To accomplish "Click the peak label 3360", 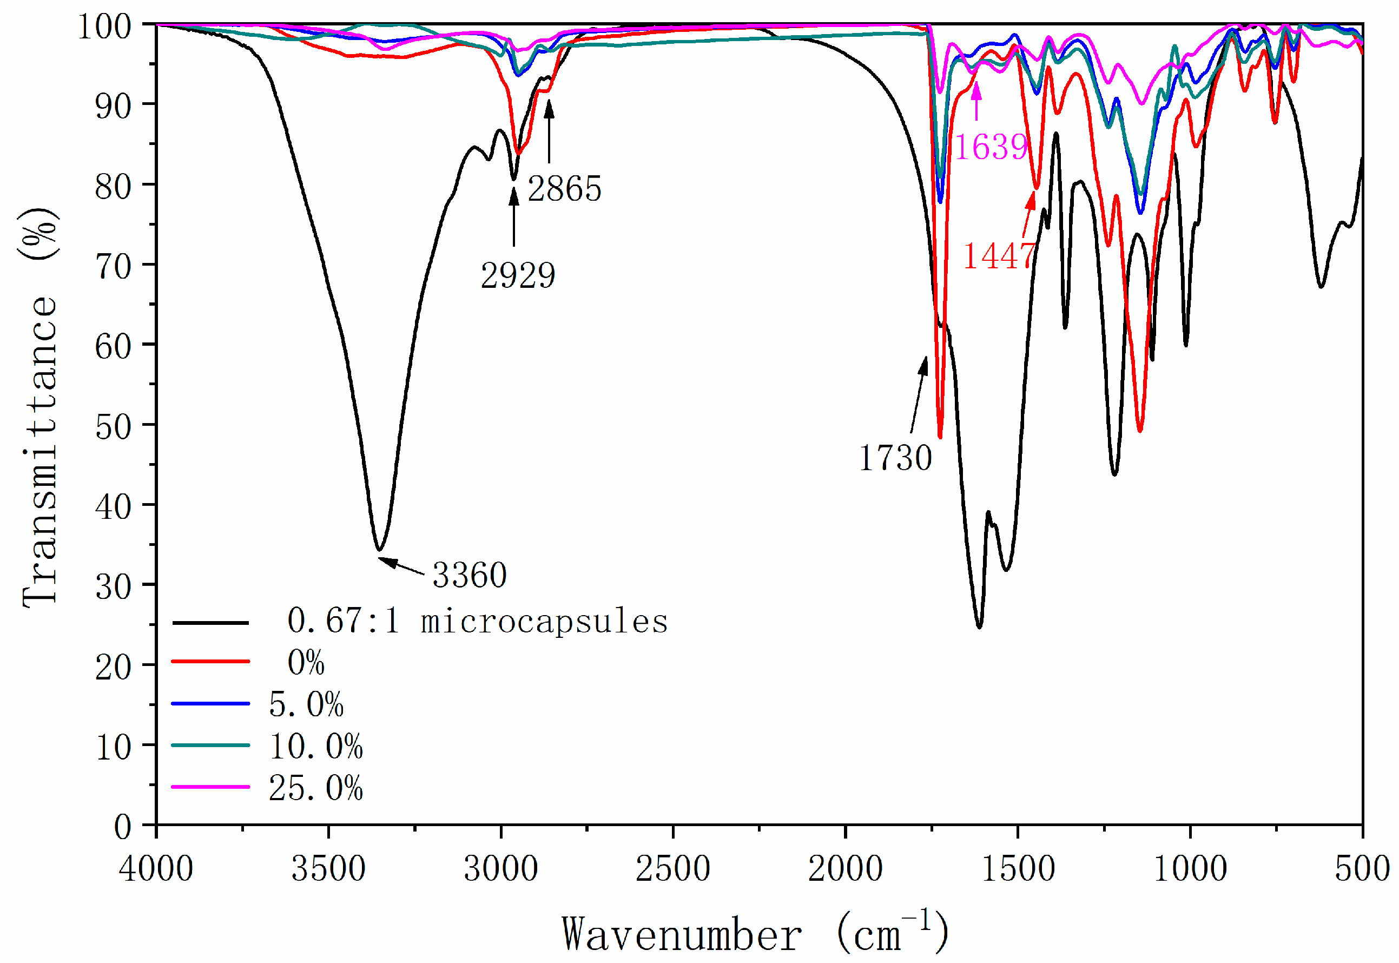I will coord(470,575).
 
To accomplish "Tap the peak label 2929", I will coord(518,276).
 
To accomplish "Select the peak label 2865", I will coord(564,189).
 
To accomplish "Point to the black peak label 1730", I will coord(895,458).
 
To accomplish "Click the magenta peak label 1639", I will coord(991,147).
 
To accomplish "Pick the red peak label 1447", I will coord(999,256).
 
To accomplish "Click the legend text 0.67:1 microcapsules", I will coord(477,622).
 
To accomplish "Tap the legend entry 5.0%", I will coord(306,704).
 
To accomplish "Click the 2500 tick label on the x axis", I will coord(672,869).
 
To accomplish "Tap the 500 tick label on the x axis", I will coord(1362,869).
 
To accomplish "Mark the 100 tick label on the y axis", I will coord(105,27).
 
